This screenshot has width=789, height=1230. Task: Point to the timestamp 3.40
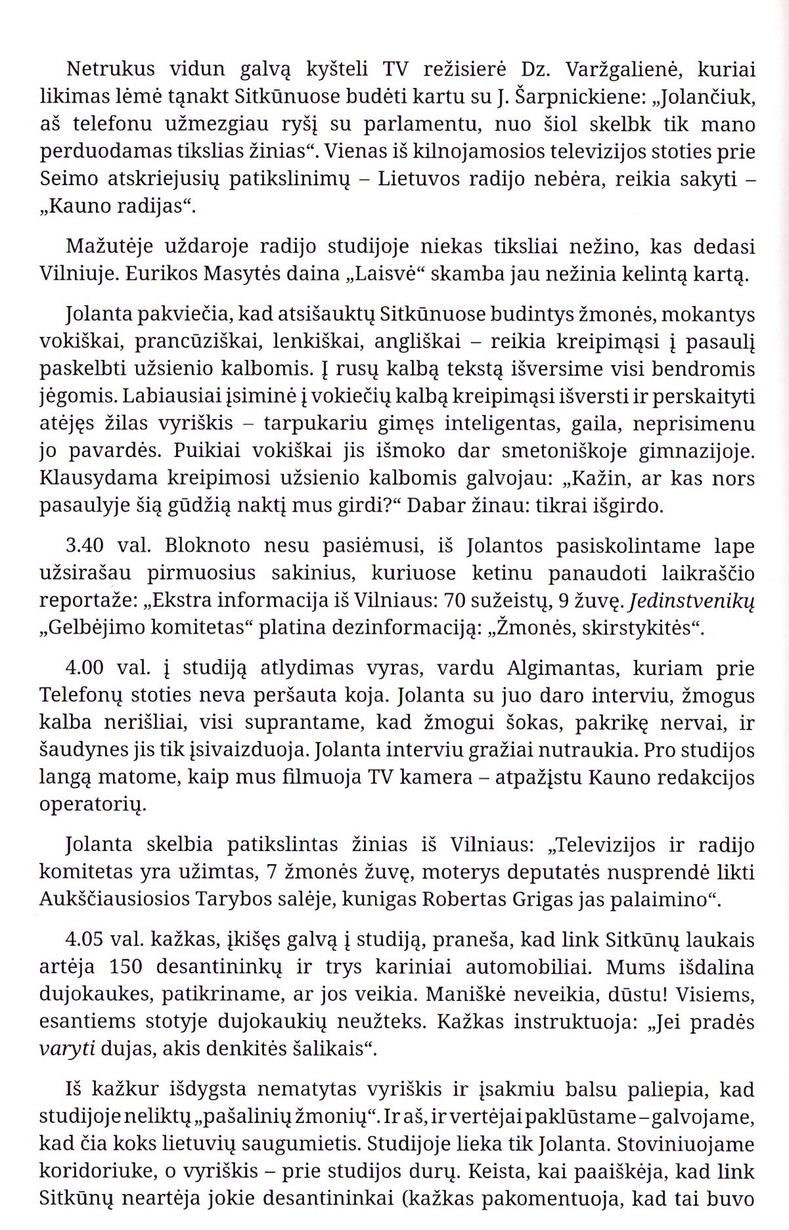point(87,546)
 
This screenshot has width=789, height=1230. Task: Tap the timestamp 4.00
point(87,668)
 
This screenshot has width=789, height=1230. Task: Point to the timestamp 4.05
point(87,940)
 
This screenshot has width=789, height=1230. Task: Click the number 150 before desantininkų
point(119,967)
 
